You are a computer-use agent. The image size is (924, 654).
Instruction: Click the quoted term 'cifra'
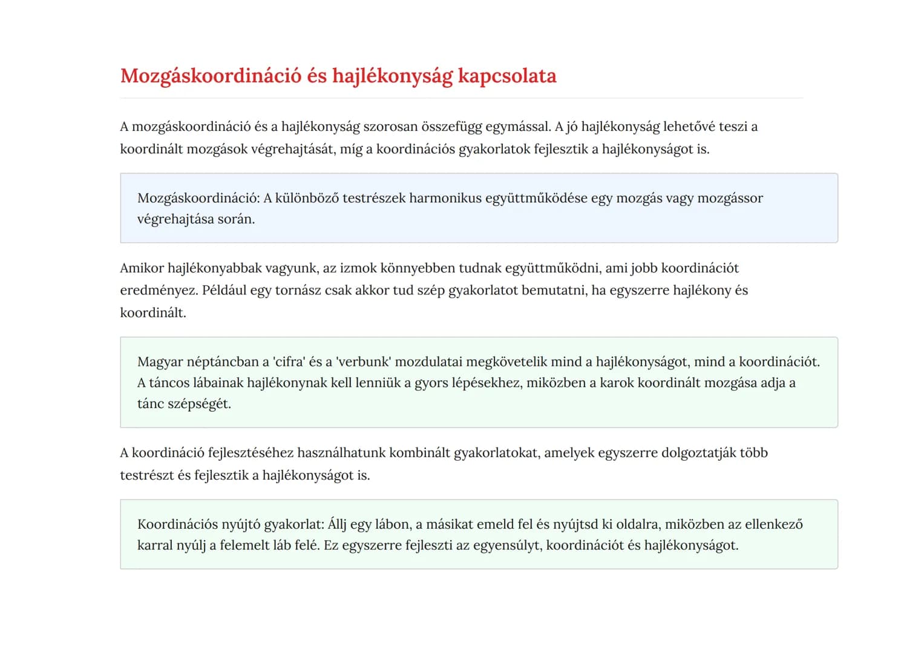289,362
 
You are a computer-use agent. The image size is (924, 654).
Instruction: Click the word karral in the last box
155,546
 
